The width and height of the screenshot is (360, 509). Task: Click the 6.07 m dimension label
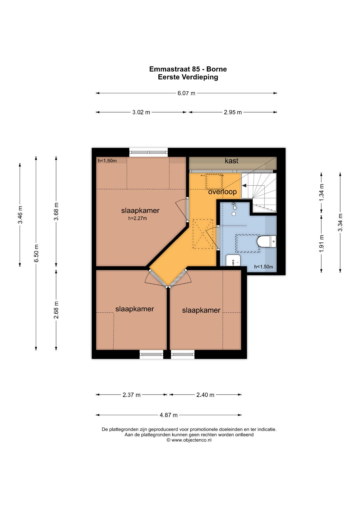186,93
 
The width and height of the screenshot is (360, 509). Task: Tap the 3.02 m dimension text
141,112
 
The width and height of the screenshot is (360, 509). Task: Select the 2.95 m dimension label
233,112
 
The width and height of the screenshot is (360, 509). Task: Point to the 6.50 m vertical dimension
36,253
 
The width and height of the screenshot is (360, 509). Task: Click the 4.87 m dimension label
168,415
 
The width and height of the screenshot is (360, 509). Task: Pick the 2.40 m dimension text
205,395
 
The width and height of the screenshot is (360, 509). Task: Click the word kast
231,161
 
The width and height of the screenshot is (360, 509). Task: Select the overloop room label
223,192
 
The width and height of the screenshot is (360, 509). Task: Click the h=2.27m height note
137,219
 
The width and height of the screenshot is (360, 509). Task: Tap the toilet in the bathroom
267,241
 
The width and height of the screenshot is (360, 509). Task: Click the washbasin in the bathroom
233,260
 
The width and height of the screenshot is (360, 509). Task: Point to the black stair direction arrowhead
244,186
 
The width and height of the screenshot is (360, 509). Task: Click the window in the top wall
149,152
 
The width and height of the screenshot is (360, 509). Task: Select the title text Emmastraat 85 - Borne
188,69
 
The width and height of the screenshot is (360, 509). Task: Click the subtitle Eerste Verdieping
188,77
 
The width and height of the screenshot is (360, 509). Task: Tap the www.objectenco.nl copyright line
189,440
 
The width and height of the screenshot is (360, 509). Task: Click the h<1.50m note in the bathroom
263,267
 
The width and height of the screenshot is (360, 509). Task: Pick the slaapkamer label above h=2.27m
140,211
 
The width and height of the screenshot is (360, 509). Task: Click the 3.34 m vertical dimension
340,222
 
